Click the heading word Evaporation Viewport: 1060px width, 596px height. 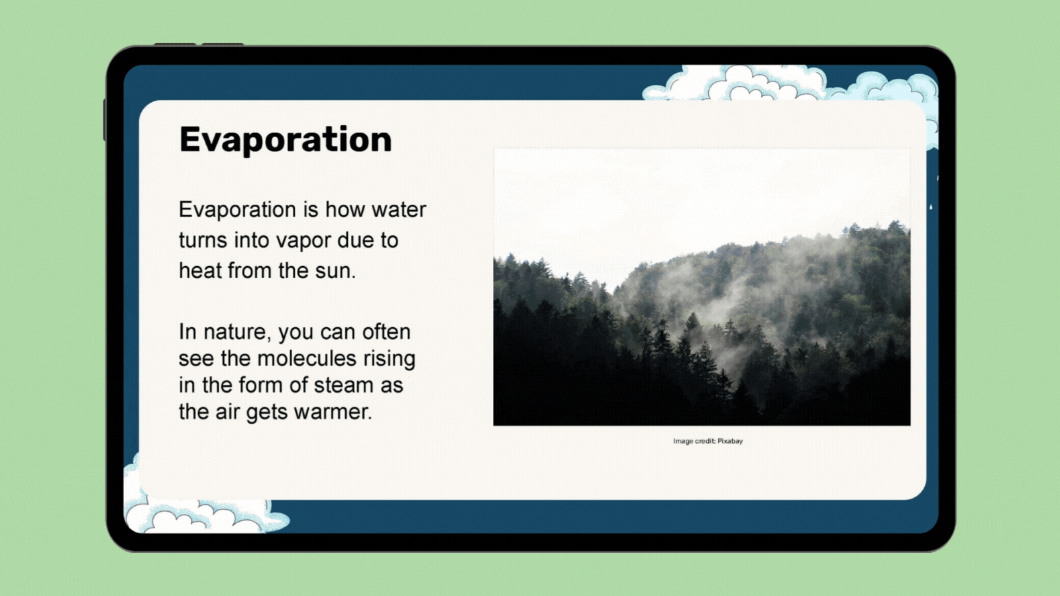pyautogui.click(x=286, y=140)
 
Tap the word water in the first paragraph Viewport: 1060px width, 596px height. pyautogui.click(x=399, y=210)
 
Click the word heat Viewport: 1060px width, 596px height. pyautogui.click(x=200, y=271)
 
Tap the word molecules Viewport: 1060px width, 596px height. pyautogui.click(x=306, y=358)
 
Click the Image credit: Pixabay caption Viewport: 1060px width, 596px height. pyautogui.click(x=708, y=441)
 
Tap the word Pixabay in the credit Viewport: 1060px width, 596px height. pyautogui.click(x=730, y=441)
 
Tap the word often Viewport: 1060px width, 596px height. pyautogui.click(x=386, y=332)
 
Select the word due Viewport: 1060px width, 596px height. pyautogui.click(x=356, y=240)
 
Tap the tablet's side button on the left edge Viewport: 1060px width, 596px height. pyautogui.click(x=105, y=120)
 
